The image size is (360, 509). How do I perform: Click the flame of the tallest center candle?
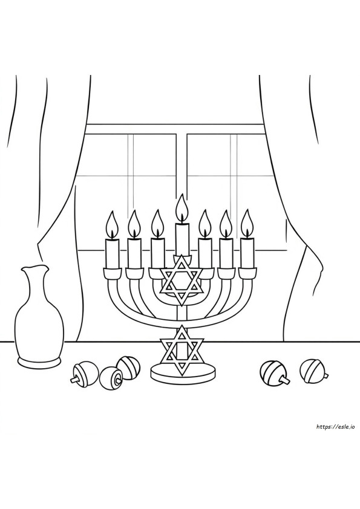tap(182, 208)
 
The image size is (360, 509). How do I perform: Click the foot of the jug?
tap(40, 361)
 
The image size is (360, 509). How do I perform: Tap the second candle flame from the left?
tap(134, 224)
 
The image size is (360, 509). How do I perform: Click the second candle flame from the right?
tap(226, 225)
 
